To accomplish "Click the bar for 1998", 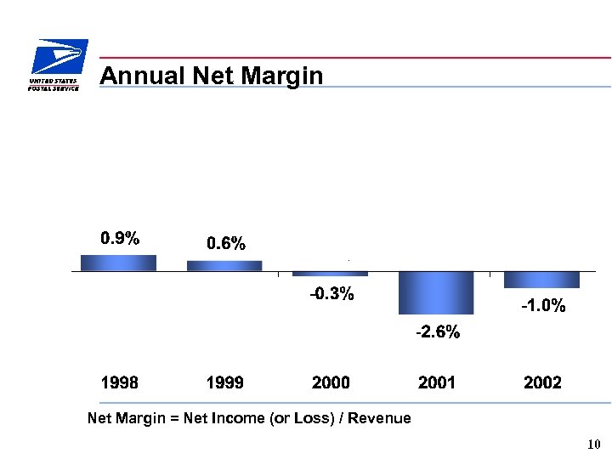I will pos(119,263).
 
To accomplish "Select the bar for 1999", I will pos(224,266).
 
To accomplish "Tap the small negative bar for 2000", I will pos(331,274).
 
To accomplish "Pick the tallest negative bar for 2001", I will pos(436,293).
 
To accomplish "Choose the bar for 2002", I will pos(541,280).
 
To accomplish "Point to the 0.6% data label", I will pos(226,245).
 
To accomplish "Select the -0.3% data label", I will pos(331,295).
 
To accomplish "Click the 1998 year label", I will pos(119,383).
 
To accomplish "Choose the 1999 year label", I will pos(224,383).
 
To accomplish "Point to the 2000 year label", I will pos(331,383).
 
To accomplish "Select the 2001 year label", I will pos(436,383).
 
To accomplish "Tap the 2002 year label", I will pos(542,383).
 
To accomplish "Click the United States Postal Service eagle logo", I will pos(57,63).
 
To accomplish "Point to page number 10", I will pos(593,445).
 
